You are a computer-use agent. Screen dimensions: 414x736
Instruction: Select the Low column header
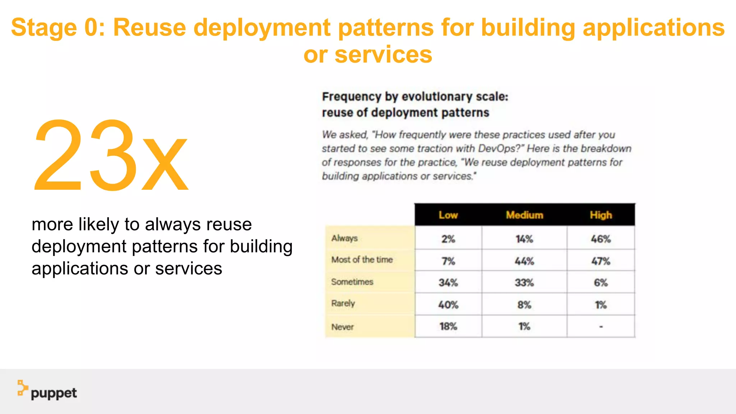coord(448,215)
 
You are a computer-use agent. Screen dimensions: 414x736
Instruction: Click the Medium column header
coord(524,215)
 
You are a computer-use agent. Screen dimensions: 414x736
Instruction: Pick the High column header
coord(601,215)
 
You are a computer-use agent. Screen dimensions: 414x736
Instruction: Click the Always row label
coord(344,238)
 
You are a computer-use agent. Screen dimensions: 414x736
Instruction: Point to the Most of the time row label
coord(362,259)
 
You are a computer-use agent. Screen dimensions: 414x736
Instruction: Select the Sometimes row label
coord(352,282)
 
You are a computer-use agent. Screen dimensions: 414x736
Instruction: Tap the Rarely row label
coord(343,303)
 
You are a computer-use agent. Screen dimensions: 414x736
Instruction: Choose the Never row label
coord(342,327)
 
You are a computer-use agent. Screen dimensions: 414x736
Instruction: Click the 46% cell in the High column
coord(601,239)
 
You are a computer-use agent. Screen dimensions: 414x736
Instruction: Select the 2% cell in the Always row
coord(448,239)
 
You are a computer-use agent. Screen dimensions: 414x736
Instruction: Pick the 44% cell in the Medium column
coord(524,261)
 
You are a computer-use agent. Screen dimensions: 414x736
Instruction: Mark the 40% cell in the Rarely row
coord(448,305)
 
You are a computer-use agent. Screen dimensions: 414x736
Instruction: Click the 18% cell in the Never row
coord(448,327)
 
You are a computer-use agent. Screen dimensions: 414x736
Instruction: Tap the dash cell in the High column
coord(601,327)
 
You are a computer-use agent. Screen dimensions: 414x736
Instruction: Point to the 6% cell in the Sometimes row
coord(601,283)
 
